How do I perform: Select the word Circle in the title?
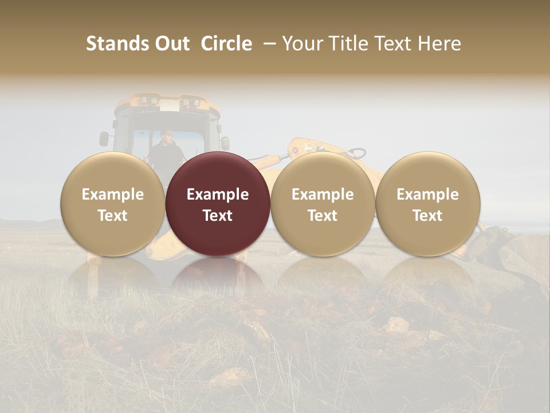coord(226,44)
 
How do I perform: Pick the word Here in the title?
coord(438,44)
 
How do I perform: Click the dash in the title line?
coord(267,44)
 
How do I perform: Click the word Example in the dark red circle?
coord(218,194)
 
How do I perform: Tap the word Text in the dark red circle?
coord(218,216)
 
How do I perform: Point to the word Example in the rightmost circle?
coord(427,194)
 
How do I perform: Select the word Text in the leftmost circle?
coord(112,216)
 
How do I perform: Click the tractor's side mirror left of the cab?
coord(104,138)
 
